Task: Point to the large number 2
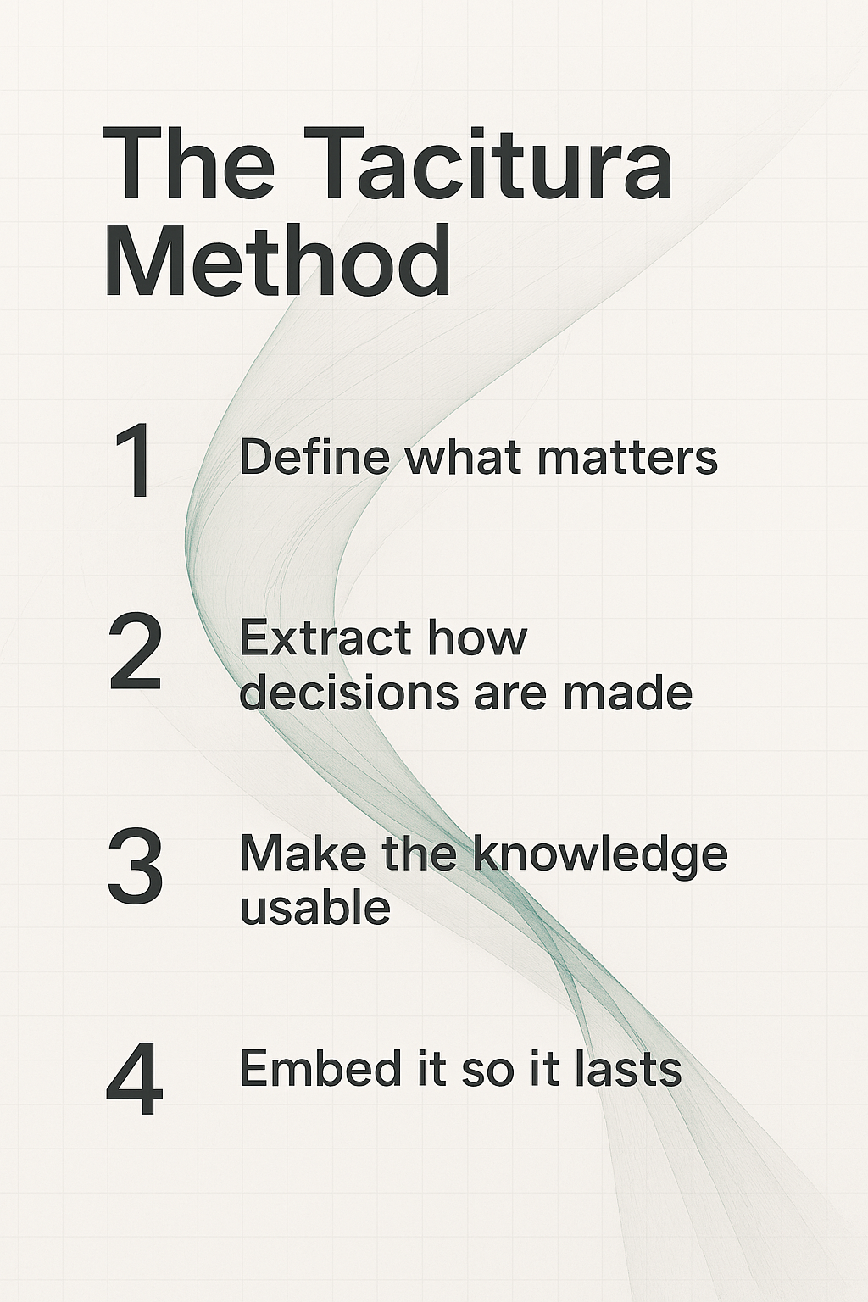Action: point(135,654)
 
